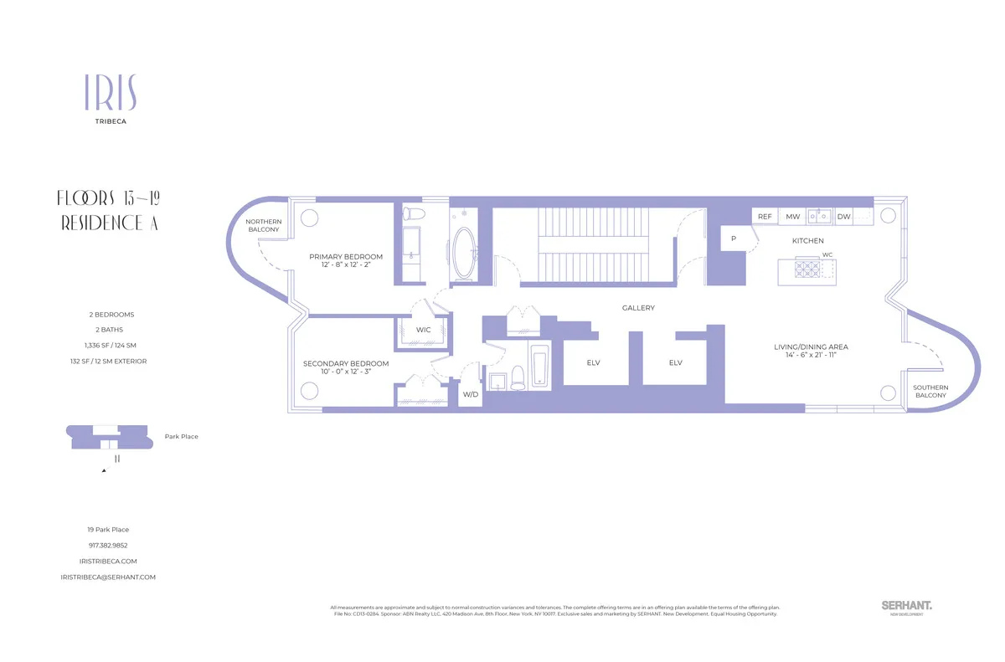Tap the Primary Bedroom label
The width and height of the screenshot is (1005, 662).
(x=346, y=257)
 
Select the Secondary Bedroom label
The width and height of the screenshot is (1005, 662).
(x=346, y=364)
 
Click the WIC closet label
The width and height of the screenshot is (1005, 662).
(x=423, y=330)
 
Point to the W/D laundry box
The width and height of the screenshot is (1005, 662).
(x=470, y=393)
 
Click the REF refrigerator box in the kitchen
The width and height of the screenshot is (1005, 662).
(x=765, y=217)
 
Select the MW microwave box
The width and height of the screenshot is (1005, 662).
(x=791, y=217)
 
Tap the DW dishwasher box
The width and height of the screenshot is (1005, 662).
(x=844, y=217)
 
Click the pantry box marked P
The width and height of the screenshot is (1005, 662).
(x=734, y=238)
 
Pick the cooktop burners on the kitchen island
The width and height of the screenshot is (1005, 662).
(x=807, y=269)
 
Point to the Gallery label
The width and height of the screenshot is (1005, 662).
(x=638, y=308)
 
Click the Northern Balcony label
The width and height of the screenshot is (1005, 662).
(x=264, y=226)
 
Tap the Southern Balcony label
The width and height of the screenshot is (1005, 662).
(x=930, y=392)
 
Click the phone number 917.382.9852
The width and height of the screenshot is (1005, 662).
(x=109, y=546)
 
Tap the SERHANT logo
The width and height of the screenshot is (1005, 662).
(x=907, y=605)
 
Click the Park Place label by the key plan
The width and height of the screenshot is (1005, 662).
(x=182, y=436)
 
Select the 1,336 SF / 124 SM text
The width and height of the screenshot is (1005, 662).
(x=109, y=346)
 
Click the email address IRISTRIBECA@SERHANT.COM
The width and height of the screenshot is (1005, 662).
(x=109, y=577)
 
